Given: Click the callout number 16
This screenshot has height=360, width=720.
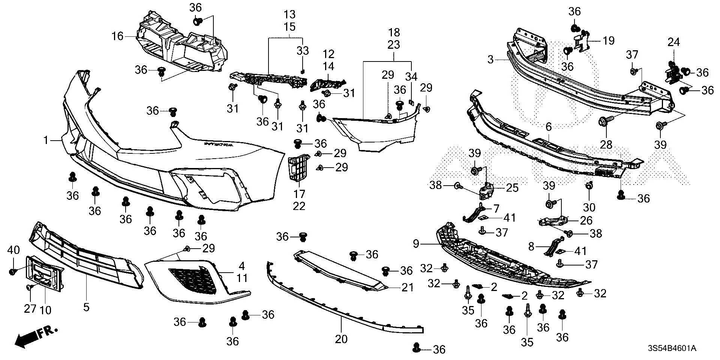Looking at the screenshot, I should (x=117, y=36).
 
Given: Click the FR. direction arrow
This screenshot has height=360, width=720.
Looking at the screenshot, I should (x=36, y=336).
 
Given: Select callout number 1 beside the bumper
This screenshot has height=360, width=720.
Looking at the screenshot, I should (x=46, y=141).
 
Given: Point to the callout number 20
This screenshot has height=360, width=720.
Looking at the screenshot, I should (x=341, y=339).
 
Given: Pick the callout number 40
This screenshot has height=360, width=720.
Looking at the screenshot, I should (x=13, y=250).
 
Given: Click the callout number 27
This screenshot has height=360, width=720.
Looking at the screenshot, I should (x=30, y=309).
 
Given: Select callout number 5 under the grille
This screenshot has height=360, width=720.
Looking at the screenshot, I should (x=86, y=307).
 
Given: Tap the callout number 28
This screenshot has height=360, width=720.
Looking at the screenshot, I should (x=606, y=144).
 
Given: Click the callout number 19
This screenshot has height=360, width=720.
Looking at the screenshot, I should (x=609, y=40).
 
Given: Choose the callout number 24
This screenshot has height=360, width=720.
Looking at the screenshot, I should (x=673, y=42).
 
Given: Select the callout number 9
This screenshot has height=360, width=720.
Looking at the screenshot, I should (x=416, y=244).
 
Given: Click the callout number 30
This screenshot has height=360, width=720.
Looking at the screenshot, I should (x=589, y=207).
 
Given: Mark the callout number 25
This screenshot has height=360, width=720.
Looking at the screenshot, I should (x=512, y=187).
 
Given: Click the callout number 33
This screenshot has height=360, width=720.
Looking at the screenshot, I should (x=303, y=50).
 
